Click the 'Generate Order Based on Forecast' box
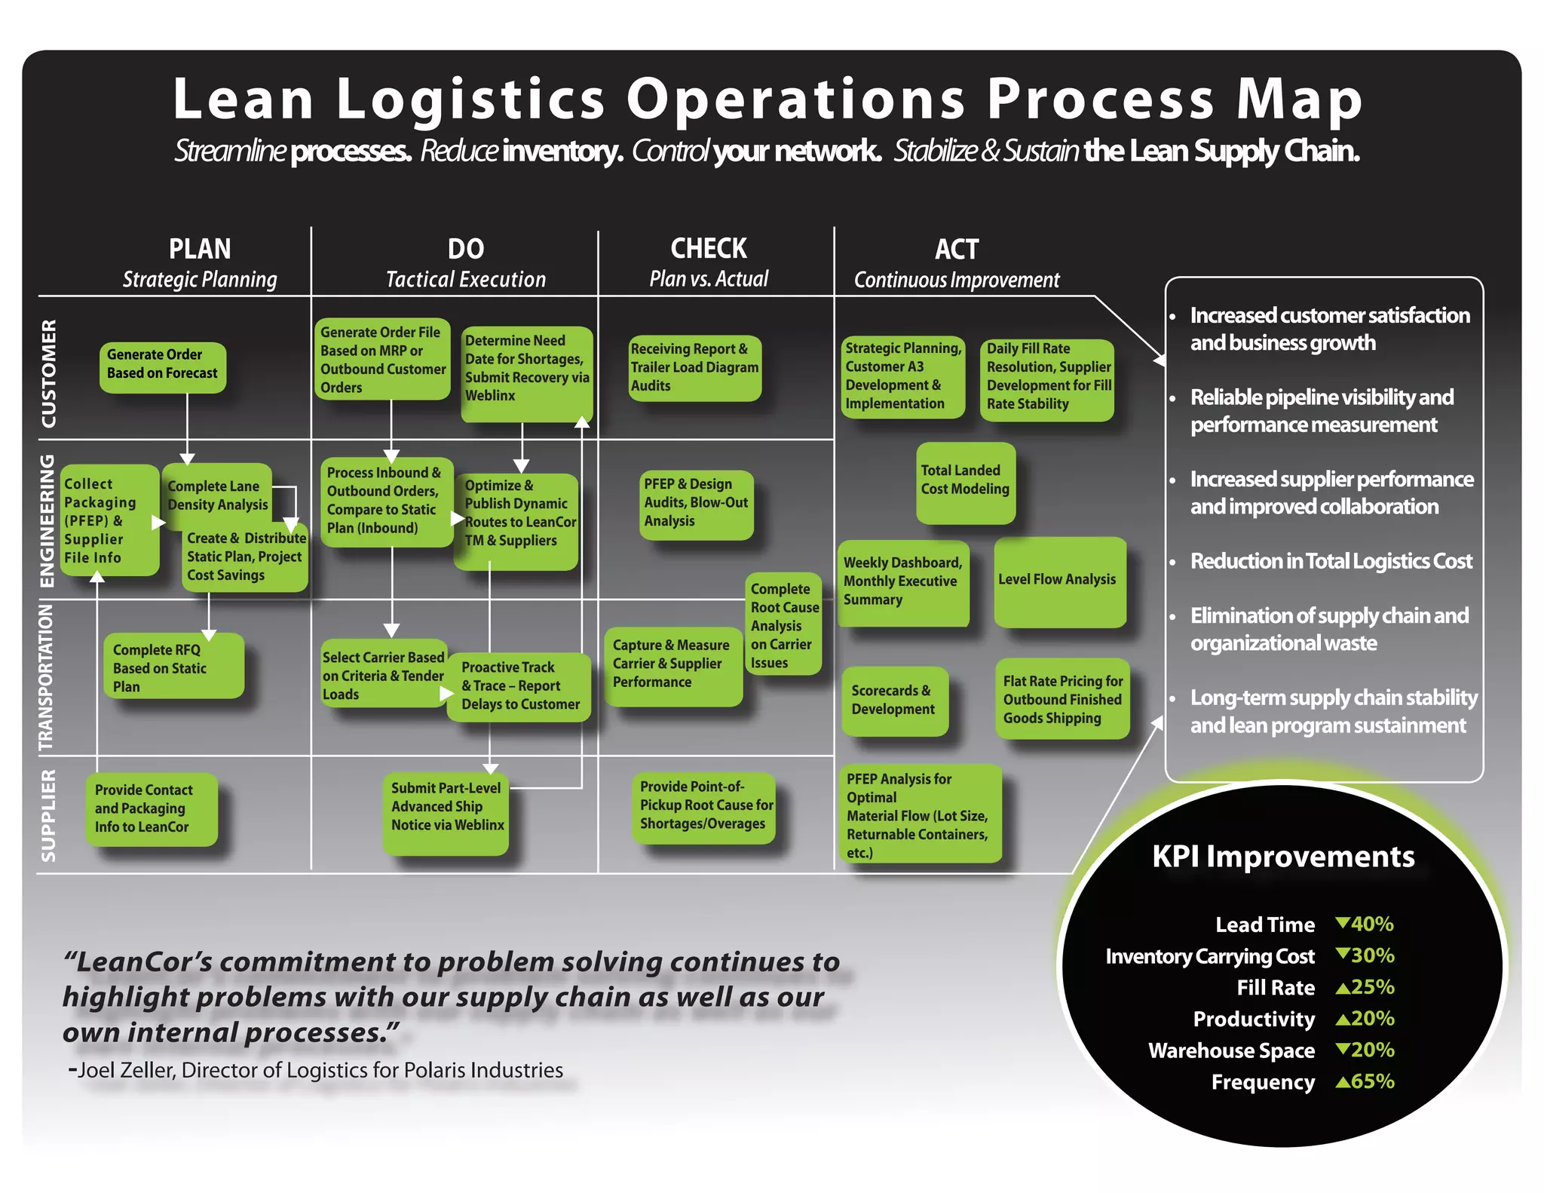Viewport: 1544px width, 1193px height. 162,366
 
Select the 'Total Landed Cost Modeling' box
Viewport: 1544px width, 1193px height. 965,483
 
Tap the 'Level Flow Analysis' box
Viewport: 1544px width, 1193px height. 1058,581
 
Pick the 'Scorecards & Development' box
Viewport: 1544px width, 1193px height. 894,701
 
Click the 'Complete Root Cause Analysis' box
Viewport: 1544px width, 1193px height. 783,624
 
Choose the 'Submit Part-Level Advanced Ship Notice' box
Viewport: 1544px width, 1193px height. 446,813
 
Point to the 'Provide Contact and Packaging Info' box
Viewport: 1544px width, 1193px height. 151,808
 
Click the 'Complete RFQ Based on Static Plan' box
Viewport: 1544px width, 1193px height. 173,667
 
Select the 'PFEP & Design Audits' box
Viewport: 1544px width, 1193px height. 696,504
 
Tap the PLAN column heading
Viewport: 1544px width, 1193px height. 200,249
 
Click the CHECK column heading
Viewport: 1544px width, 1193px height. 709,249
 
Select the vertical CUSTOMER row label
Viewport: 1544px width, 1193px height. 48,373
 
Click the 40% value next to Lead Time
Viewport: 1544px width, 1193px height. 1371,924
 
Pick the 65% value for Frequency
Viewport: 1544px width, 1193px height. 1371,1081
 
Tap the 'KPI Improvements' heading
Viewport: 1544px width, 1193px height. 1283,857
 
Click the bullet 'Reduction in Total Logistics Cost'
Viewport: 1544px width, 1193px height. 1331,561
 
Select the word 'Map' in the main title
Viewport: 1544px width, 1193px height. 1298,100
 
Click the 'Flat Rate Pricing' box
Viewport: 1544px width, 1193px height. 1062,699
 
